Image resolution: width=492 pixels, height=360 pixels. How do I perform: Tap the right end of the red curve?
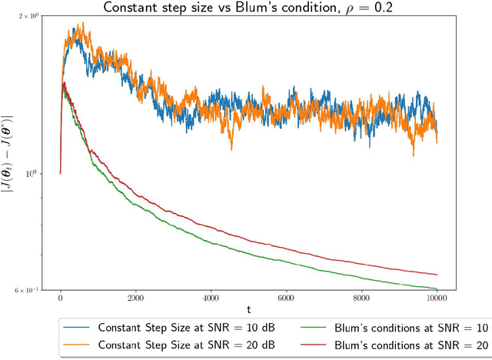(437, 275)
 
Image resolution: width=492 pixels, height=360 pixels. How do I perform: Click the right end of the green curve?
(437, 289)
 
